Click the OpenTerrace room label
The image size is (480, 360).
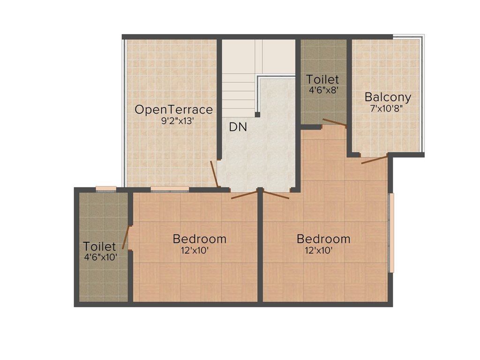click(173, 110)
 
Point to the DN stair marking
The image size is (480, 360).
click(238, 127)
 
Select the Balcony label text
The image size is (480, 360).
click(388, 97)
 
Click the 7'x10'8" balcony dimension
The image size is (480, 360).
click(387, 108)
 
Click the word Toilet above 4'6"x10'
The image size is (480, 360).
click(99, 246)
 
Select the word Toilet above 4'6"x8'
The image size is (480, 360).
click(322, 79)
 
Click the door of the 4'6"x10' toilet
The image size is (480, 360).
click(125, 237)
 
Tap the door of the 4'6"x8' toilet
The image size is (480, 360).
click(334, 123)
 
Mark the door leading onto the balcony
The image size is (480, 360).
click(374, 159)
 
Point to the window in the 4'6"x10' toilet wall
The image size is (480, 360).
click(106, 188)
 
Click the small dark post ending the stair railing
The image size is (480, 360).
click(257, 114)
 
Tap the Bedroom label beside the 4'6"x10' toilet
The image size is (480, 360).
click(199, 239)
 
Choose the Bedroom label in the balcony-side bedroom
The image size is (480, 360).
click(323, 239)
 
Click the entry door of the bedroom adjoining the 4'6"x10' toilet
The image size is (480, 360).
click(244, 195)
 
